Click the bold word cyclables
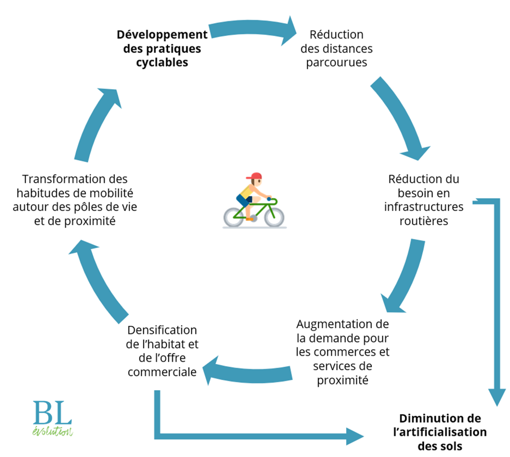162,62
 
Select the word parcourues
336,62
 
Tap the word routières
423,220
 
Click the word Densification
163,330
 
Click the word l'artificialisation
440,432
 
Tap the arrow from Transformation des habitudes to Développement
98,124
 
